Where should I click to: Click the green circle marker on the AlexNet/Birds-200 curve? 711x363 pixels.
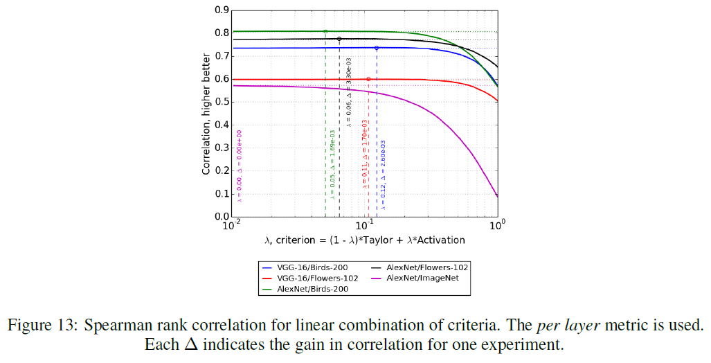pos(325,31)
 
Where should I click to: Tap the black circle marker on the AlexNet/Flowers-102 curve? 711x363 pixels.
pos(339,39)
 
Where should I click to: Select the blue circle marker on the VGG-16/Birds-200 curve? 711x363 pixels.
pos(377,48)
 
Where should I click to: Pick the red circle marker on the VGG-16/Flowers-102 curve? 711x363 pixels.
pos(368,79)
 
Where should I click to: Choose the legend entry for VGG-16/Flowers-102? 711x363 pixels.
pos(318,278)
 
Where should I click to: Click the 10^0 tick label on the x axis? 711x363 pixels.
pos(496,225)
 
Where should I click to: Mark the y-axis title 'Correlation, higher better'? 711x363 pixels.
pos(206,114)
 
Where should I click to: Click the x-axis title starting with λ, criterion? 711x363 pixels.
pos(364,240)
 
